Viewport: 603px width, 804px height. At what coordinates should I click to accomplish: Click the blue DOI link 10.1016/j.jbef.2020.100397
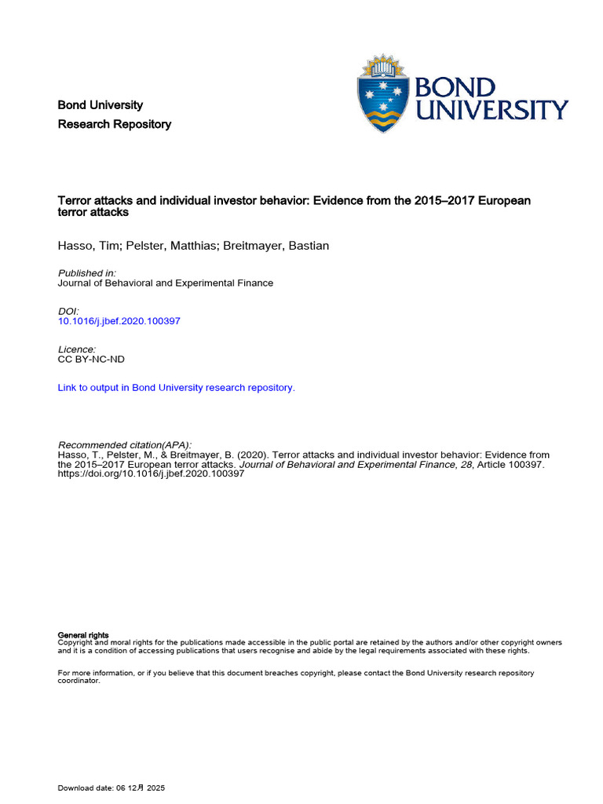tap(119, 321)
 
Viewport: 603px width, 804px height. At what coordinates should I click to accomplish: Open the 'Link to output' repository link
tap(177, 387)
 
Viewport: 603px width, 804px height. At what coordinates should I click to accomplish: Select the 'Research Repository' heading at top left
tap(115, 124)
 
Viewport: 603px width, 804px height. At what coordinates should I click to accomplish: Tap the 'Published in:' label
tap(87, 272)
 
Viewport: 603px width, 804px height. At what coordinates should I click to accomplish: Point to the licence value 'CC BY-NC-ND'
tap(91, 359)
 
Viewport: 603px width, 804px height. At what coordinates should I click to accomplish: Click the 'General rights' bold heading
tap(83, 634)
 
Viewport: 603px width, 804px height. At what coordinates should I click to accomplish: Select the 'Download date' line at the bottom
tap(111, 788)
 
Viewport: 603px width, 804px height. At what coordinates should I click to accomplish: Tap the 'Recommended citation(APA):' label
tap(125, 444)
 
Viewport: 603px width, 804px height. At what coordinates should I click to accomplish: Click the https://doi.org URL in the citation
tap(152, 474)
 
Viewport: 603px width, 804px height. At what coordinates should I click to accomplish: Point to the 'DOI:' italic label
tap(69, 311)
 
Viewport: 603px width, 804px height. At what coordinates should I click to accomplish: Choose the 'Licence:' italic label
tap(77, 349)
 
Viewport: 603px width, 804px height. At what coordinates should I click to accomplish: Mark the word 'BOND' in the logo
tap(456, 86)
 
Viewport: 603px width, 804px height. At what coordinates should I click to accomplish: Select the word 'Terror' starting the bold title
tap(75, 200)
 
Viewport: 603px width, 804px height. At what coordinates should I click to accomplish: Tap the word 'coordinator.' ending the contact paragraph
tap(79, 681)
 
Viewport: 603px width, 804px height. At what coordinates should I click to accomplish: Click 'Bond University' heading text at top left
tap(100, 105)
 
